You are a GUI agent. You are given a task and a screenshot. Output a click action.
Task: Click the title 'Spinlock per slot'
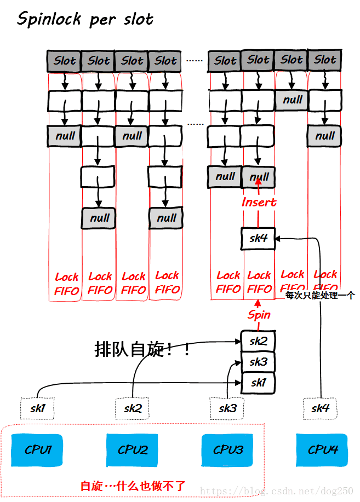click(85, 20)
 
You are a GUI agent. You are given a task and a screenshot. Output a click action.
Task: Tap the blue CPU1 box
click(38, 449)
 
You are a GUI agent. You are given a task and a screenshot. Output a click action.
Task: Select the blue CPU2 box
click(133, 449)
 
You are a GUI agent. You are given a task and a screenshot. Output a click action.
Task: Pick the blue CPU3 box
click(228, 449)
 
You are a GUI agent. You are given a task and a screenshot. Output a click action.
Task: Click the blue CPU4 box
click(323, 449)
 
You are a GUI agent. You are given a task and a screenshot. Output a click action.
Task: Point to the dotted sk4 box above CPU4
click(320, 408)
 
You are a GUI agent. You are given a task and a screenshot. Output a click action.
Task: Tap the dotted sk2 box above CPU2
click(133, 408)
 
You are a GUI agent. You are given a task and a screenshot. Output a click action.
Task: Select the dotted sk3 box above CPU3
click(227, 408)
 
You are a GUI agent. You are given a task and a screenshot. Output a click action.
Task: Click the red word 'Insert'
click(259, 202)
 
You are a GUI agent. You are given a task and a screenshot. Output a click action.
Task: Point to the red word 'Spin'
click(259, 314)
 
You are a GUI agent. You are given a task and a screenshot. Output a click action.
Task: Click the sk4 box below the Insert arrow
click(258, 239)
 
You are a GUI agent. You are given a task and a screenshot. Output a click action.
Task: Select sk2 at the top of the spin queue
click(258, 341)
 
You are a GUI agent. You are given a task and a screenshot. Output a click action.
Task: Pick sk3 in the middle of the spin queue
click(258, 362)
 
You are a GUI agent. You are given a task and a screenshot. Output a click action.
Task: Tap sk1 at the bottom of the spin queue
click(258, 382)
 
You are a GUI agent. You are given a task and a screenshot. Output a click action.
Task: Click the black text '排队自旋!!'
click(142, 349)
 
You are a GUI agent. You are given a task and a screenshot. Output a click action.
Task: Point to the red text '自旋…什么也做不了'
click(133, 485)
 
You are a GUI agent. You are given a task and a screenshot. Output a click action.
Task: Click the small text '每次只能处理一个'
click(320, 296)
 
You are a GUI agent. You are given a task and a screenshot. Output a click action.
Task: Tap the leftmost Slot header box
click(65, 61)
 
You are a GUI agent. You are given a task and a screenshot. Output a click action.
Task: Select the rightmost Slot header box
click(325, 60)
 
